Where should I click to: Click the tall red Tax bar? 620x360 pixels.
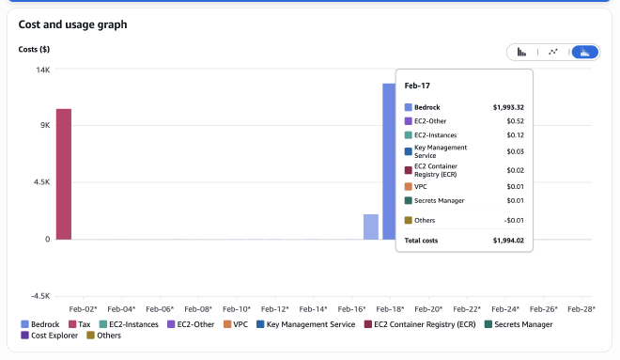pos(63,174)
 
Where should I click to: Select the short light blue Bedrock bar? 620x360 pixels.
pos(371,227)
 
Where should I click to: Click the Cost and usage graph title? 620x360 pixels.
pos(72,24)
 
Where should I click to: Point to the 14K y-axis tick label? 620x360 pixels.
pos(43,70)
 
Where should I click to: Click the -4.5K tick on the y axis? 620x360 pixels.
pos(40,296)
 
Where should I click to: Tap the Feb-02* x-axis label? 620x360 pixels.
pos(83,308)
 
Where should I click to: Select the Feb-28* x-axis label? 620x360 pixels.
pos(583,308)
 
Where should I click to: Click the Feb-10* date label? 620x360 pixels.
pos(237,308)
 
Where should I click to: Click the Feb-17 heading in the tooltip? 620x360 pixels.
pos(417,86)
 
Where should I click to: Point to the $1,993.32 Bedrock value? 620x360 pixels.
pos(508,107)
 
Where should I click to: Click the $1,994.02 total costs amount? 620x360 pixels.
pos(508,241)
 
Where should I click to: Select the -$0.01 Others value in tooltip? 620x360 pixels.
pos(513,220)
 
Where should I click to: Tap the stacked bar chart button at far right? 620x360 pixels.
pos(585,53)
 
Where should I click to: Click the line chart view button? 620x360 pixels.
pos(553,53)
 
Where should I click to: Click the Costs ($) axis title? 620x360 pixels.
pos(35,49)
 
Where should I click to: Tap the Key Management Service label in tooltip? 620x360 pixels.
pos(441,150)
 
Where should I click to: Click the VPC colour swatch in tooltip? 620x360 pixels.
pos(409,186)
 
